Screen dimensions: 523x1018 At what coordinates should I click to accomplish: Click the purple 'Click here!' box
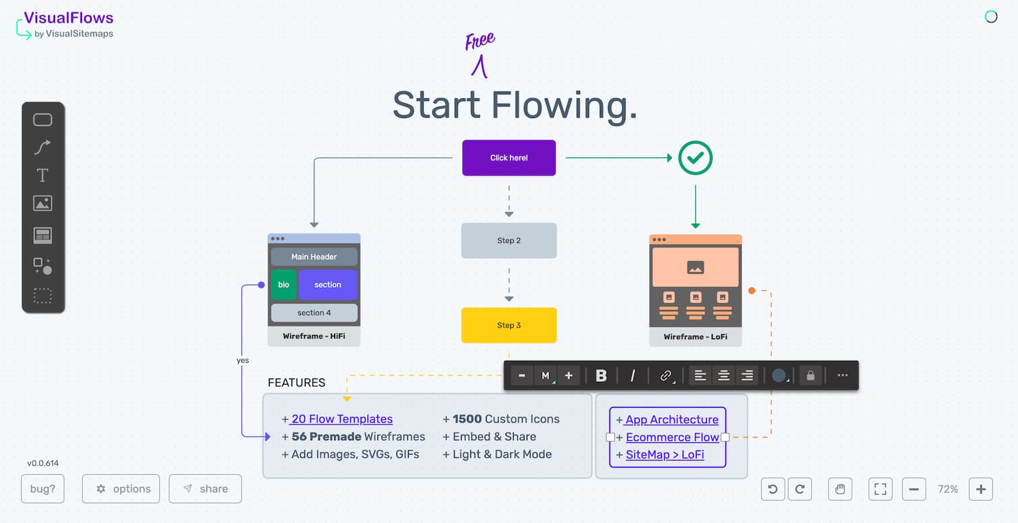coord(508,158)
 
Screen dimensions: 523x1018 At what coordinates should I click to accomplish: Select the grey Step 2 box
coord(508,241)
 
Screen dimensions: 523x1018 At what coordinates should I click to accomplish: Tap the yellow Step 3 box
coord(508,326)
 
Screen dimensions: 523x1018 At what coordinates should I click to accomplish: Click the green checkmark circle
coord(695,158)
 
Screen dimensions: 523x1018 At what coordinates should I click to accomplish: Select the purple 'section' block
coord(327,285)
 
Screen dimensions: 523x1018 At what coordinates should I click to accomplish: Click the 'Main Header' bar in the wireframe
coord(314,257)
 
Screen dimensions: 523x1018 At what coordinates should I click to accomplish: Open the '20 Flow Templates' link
coord(342,419)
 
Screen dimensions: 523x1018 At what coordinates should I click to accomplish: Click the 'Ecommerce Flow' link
coord(672,438)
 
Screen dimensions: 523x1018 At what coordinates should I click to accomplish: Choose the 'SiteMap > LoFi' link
coord(664,454)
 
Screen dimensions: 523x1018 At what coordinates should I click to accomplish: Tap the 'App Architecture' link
coord(671,420)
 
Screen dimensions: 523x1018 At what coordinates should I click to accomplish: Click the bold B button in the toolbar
coord(600,376)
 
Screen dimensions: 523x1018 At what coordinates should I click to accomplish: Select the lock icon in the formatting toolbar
coord(810,376)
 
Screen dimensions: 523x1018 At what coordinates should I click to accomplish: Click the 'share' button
coord(205,489)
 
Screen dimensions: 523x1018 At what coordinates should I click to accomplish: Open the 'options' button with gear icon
coord(121,489)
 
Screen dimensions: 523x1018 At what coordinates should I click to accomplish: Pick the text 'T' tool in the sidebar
coord(43,176)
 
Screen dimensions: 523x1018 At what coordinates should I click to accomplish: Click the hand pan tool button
coord(840,489)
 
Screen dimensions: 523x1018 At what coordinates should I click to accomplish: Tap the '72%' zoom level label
coord(948,489)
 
